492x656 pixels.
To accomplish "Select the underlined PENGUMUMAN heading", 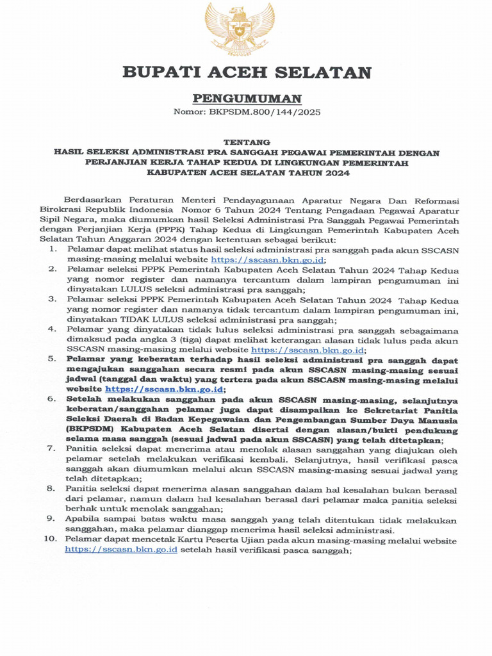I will (x=247, y=98).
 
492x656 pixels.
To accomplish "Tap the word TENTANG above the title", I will (x=246, y=142).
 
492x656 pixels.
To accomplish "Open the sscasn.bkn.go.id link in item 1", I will (x=268, y=259).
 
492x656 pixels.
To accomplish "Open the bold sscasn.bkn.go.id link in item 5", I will (x=164, y=389).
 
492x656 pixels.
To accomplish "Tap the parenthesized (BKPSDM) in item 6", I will (x=90, y=430).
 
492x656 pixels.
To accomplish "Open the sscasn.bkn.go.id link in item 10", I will (x=121, y=550).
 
